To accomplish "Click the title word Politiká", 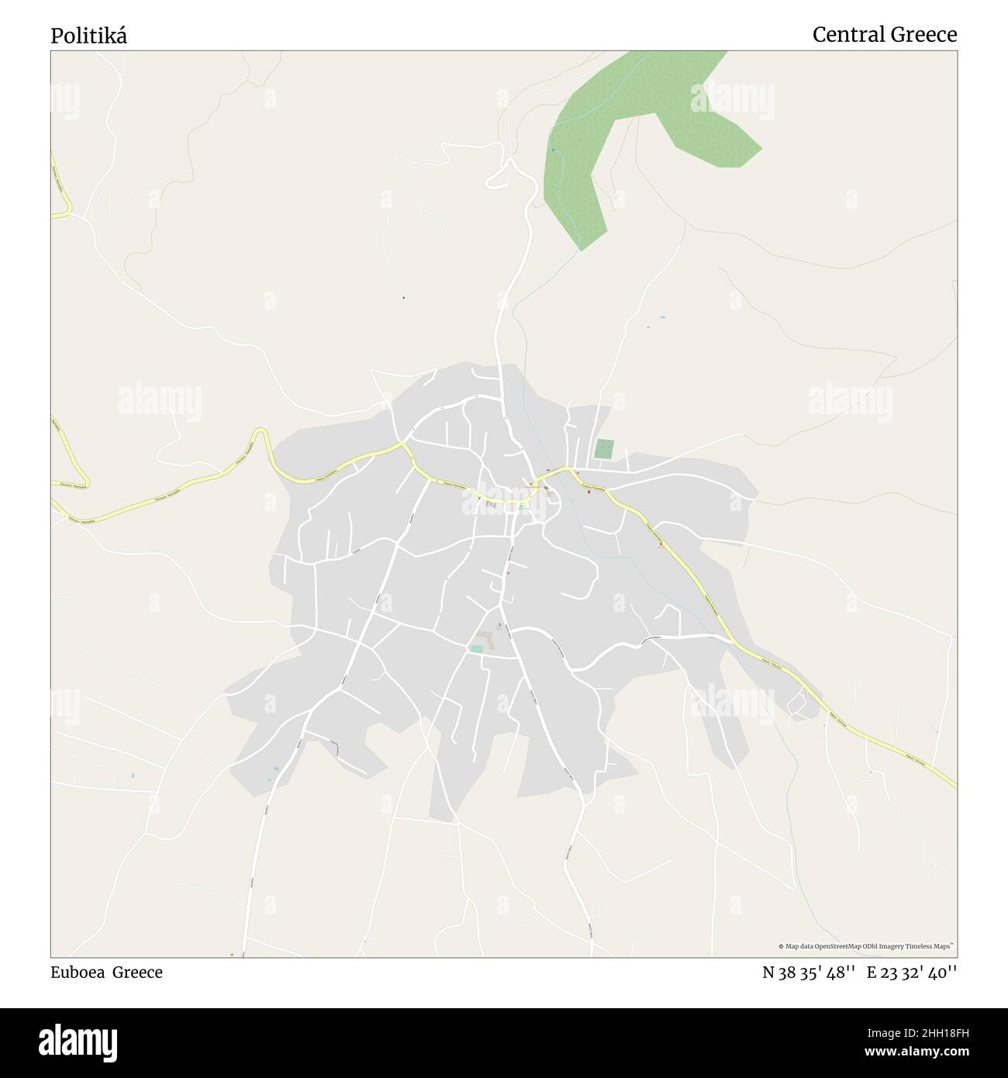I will (89, 35).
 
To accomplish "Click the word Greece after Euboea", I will (138, 973).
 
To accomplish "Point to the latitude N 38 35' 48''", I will (809, 973).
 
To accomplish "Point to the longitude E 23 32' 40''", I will (912, 973).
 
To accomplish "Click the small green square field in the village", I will (604, 449).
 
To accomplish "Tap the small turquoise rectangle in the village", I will (477, 648).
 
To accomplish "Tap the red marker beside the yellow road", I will (588, 490).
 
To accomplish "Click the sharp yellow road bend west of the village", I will (261, 434).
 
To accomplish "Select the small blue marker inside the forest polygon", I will (553, 150).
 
